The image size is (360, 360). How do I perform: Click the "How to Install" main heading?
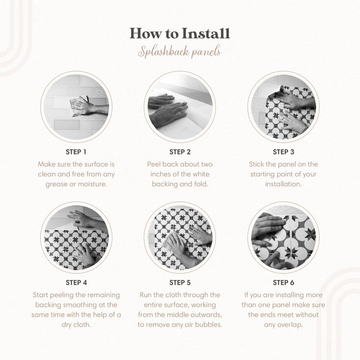point(180,33)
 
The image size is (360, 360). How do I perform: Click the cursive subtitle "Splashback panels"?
point(180,52)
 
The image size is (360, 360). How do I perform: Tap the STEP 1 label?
point(76,152)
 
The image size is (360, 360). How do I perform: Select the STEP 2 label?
point(180,152)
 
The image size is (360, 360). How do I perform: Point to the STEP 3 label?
point(283,152)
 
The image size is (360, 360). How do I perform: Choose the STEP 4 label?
point(76,282)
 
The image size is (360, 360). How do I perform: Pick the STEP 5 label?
point(180,282)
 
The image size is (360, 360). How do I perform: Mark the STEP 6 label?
point(283,282)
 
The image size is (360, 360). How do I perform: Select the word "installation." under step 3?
point(283,184)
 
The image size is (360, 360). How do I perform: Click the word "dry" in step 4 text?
point(66,325)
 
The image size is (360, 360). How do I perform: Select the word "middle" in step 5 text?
point(176,315)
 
